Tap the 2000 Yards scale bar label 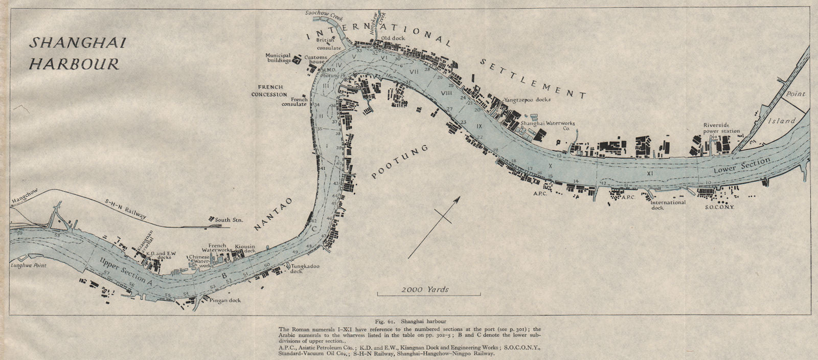425,289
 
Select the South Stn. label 229,220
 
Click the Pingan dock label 224,300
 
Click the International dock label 668,205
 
